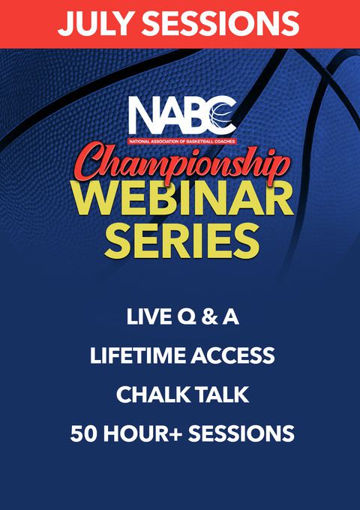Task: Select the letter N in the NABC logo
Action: click(x=144, y=115)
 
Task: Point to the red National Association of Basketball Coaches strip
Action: click(x=182, y=142)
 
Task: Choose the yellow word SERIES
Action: click(x=182, y=240)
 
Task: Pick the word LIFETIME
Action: click(x=139, y=355)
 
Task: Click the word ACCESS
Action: click(x=232, y=355)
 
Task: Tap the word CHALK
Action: click(x=149, y=394)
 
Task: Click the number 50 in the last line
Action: click(x=83, y=433)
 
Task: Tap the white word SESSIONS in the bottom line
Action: click(x=241, y=433)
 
